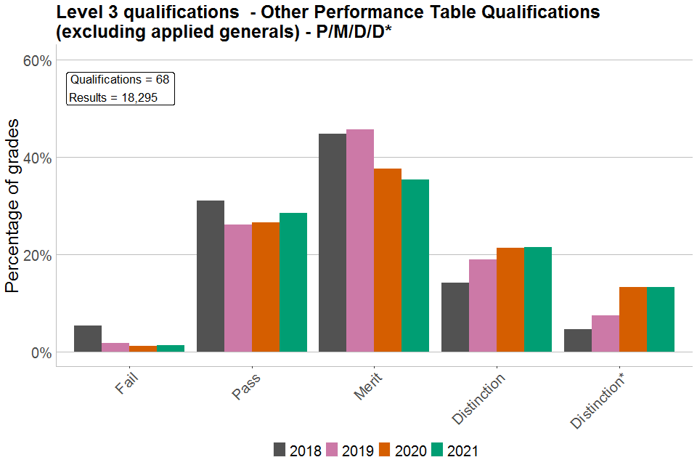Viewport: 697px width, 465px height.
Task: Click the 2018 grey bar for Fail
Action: [88, 339]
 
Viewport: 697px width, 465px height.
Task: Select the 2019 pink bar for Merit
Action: [360, 240]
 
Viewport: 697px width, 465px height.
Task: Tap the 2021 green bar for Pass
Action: [293, 283]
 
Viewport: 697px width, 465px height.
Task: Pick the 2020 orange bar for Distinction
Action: [510, 300]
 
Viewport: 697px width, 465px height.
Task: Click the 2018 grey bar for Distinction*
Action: [578, 341]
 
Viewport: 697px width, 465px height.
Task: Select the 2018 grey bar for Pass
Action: [211, 276]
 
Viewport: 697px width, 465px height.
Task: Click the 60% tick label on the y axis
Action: [37, 60]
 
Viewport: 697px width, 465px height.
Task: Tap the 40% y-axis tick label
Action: [37, 158]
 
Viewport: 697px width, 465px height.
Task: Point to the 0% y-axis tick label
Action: [40, 353]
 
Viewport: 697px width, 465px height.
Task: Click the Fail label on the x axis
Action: [127, 383]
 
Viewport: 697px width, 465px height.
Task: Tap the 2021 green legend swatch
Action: [439, 450]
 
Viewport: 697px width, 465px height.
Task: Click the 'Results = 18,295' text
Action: [113, 97]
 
